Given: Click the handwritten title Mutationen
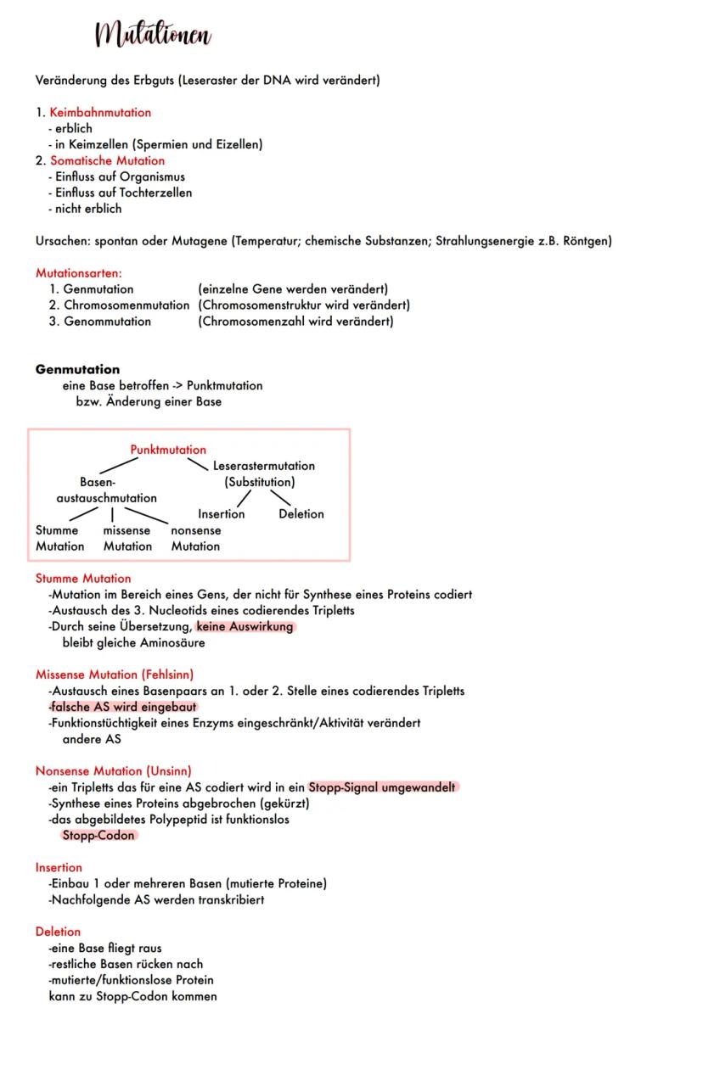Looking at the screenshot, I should coord(154,36).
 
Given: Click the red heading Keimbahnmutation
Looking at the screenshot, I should coord(100,112).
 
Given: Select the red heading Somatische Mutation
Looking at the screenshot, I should coord(107,160).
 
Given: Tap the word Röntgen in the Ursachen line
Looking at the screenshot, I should coord(587,241).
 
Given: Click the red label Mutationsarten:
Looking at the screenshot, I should coord(79,273).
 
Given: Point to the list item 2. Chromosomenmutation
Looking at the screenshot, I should coord(119,305).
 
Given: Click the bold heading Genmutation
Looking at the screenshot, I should coord(77,369).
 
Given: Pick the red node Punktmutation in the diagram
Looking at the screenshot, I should coord(168,450).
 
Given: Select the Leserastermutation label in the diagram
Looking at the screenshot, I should coord(263,466).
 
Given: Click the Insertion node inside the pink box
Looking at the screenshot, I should coord(221,514).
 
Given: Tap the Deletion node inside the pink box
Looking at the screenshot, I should coord(301,514).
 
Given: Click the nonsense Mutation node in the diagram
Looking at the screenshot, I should coord(195,538).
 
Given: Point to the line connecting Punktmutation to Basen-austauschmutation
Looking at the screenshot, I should coord(119,466).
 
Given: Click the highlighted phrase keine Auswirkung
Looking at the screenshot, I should coord(245,627).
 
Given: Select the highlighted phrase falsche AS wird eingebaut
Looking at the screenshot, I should coord(124,707).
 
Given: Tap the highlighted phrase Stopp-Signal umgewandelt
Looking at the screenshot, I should coord(382,787).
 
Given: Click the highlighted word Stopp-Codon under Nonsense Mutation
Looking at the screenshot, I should coord(98,836).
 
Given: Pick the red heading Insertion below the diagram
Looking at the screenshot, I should coord(59,867).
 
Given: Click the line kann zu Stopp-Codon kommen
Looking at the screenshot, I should coord(132,996).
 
